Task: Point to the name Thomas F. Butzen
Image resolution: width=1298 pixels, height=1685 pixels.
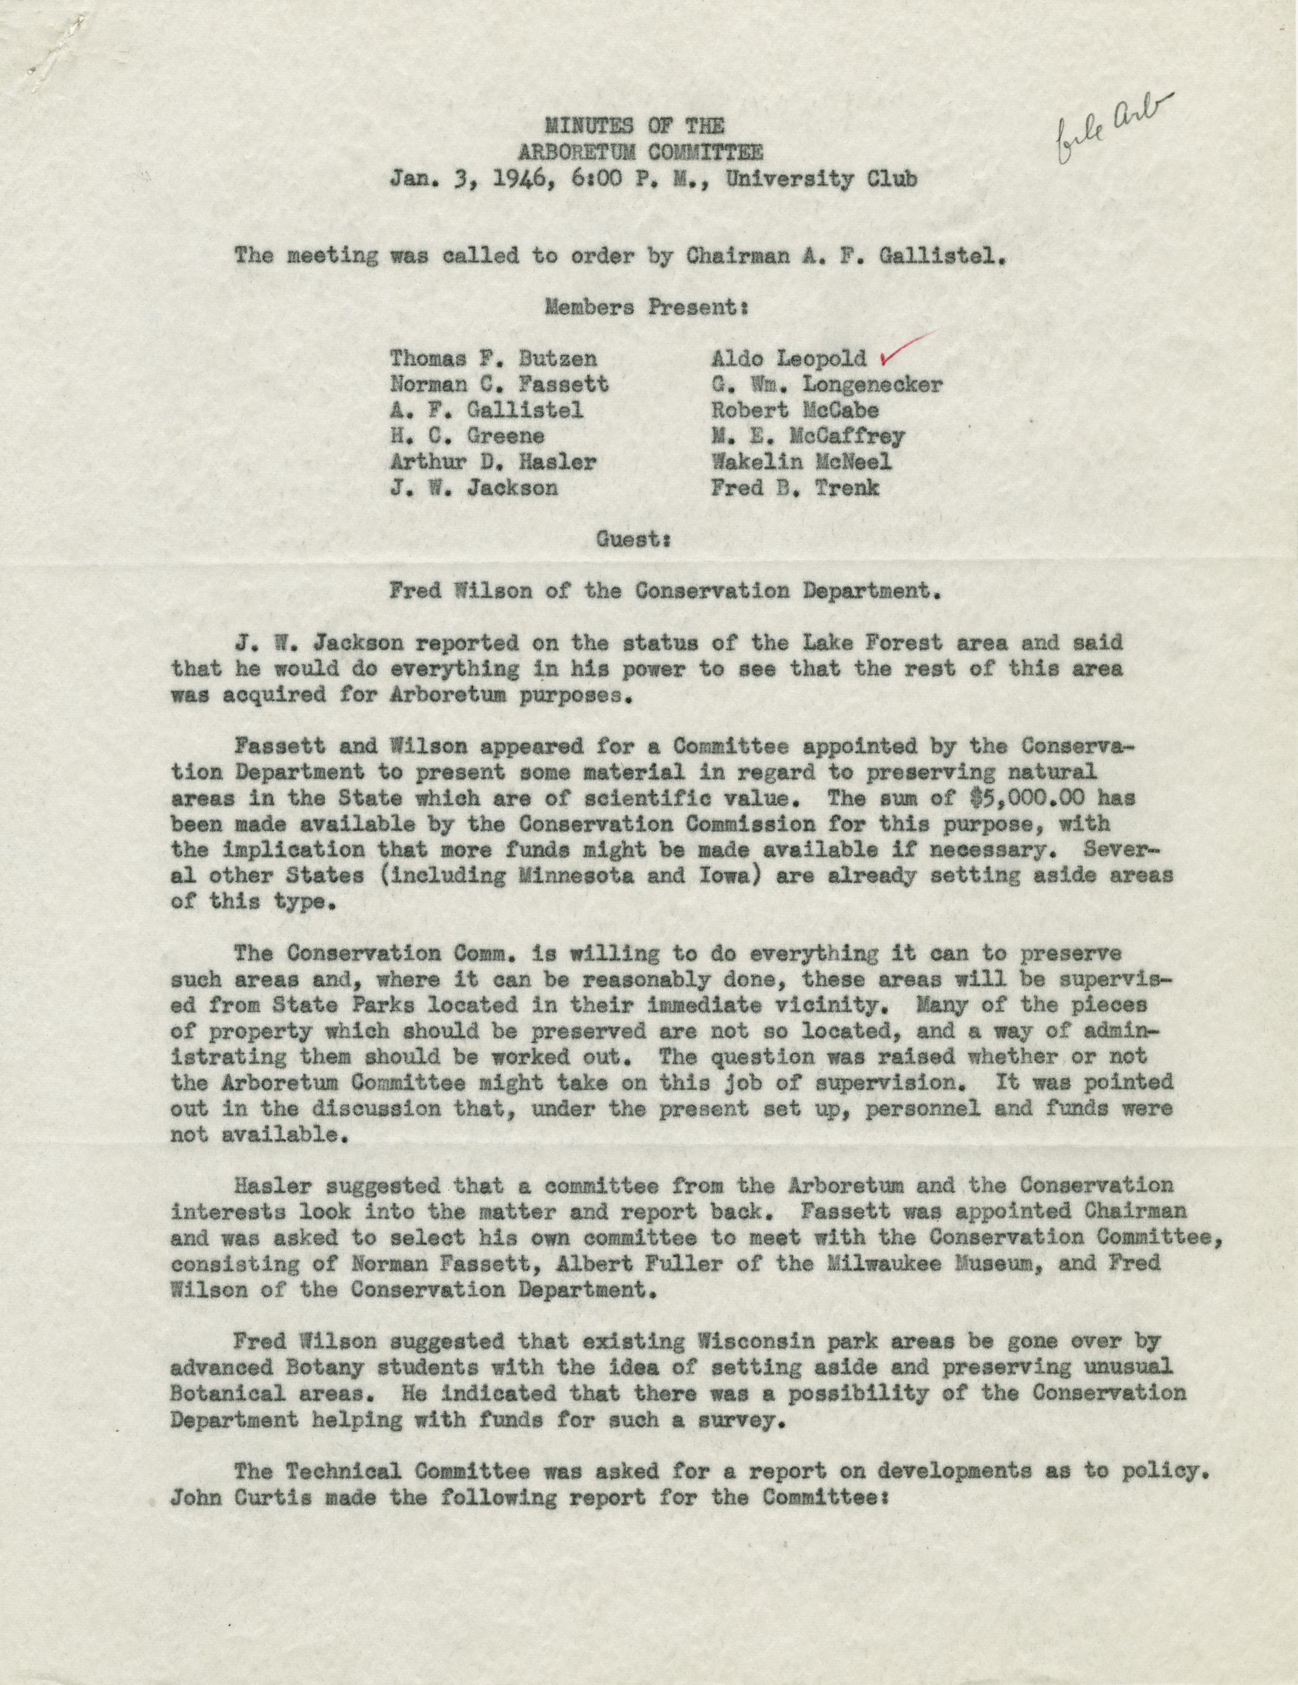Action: (x=493, y=357)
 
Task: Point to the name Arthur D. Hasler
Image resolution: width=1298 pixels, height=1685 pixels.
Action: (x=493, y=461)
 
